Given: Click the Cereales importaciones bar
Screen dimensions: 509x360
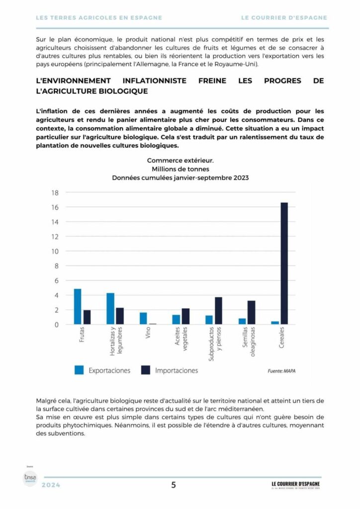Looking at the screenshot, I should tap(284, 263).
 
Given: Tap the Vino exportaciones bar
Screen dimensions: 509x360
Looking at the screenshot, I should tap(143, 318).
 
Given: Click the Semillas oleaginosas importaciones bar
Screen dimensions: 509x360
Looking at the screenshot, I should tap(251, 313).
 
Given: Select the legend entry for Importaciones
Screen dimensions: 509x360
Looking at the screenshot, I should tap(169, 370).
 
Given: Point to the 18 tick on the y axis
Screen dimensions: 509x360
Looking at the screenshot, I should tap(55, 193).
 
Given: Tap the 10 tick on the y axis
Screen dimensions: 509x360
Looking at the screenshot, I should tap(55, 252).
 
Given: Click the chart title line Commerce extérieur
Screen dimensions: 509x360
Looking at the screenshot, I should tap(180, 160).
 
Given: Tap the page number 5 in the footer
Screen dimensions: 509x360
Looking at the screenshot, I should tap(174, 485).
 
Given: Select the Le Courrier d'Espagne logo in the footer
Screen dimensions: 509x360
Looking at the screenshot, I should tap(295, 485).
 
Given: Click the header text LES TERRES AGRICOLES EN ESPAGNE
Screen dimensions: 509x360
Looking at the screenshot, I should tap(99, 17).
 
